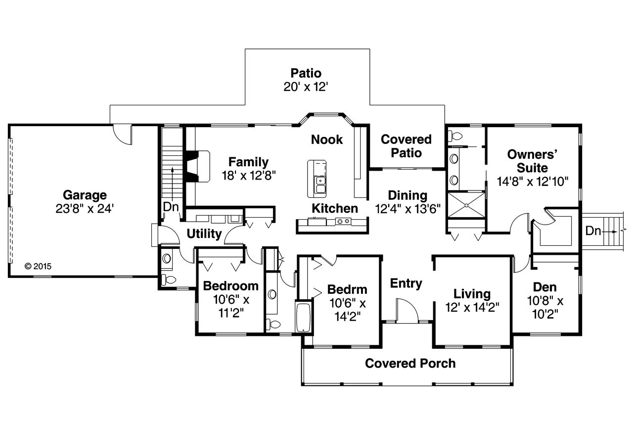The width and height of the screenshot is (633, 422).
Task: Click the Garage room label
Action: (x=85, y=195)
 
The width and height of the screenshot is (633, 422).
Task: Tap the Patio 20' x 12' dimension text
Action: (x=306, y=87)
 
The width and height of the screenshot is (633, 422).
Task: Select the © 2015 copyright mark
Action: (x=38, y=266)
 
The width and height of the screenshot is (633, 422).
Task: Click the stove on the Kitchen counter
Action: (x=343, y=222)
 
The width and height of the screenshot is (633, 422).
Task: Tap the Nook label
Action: (x=327, y=140)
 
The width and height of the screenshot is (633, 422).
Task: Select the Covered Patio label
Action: (x=406, y=146)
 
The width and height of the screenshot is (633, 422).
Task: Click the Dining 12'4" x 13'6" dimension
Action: (x=407, y=208)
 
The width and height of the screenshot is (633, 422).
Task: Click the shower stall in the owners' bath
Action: (x=465, y=203)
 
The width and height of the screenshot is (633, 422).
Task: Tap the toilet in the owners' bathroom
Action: (x=455, y=135)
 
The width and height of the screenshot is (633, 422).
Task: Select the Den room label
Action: (x=544, y=287)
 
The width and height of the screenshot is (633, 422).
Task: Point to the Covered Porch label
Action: (x=410, y=364)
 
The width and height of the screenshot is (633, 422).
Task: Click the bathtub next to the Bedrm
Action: (x=303, y=317)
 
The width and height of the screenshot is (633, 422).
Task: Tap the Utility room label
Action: (x=204, y=234)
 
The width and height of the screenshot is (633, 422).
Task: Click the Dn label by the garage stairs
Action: (x=171, y=207)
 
